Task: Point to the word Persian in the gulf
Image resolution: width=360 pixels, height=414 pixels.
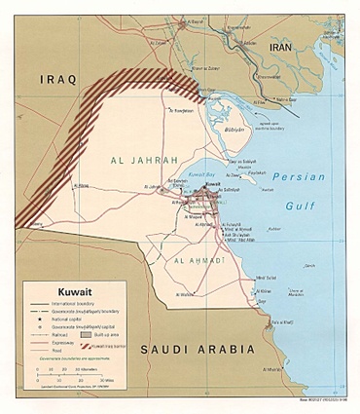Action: click(x=293, y=176)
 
